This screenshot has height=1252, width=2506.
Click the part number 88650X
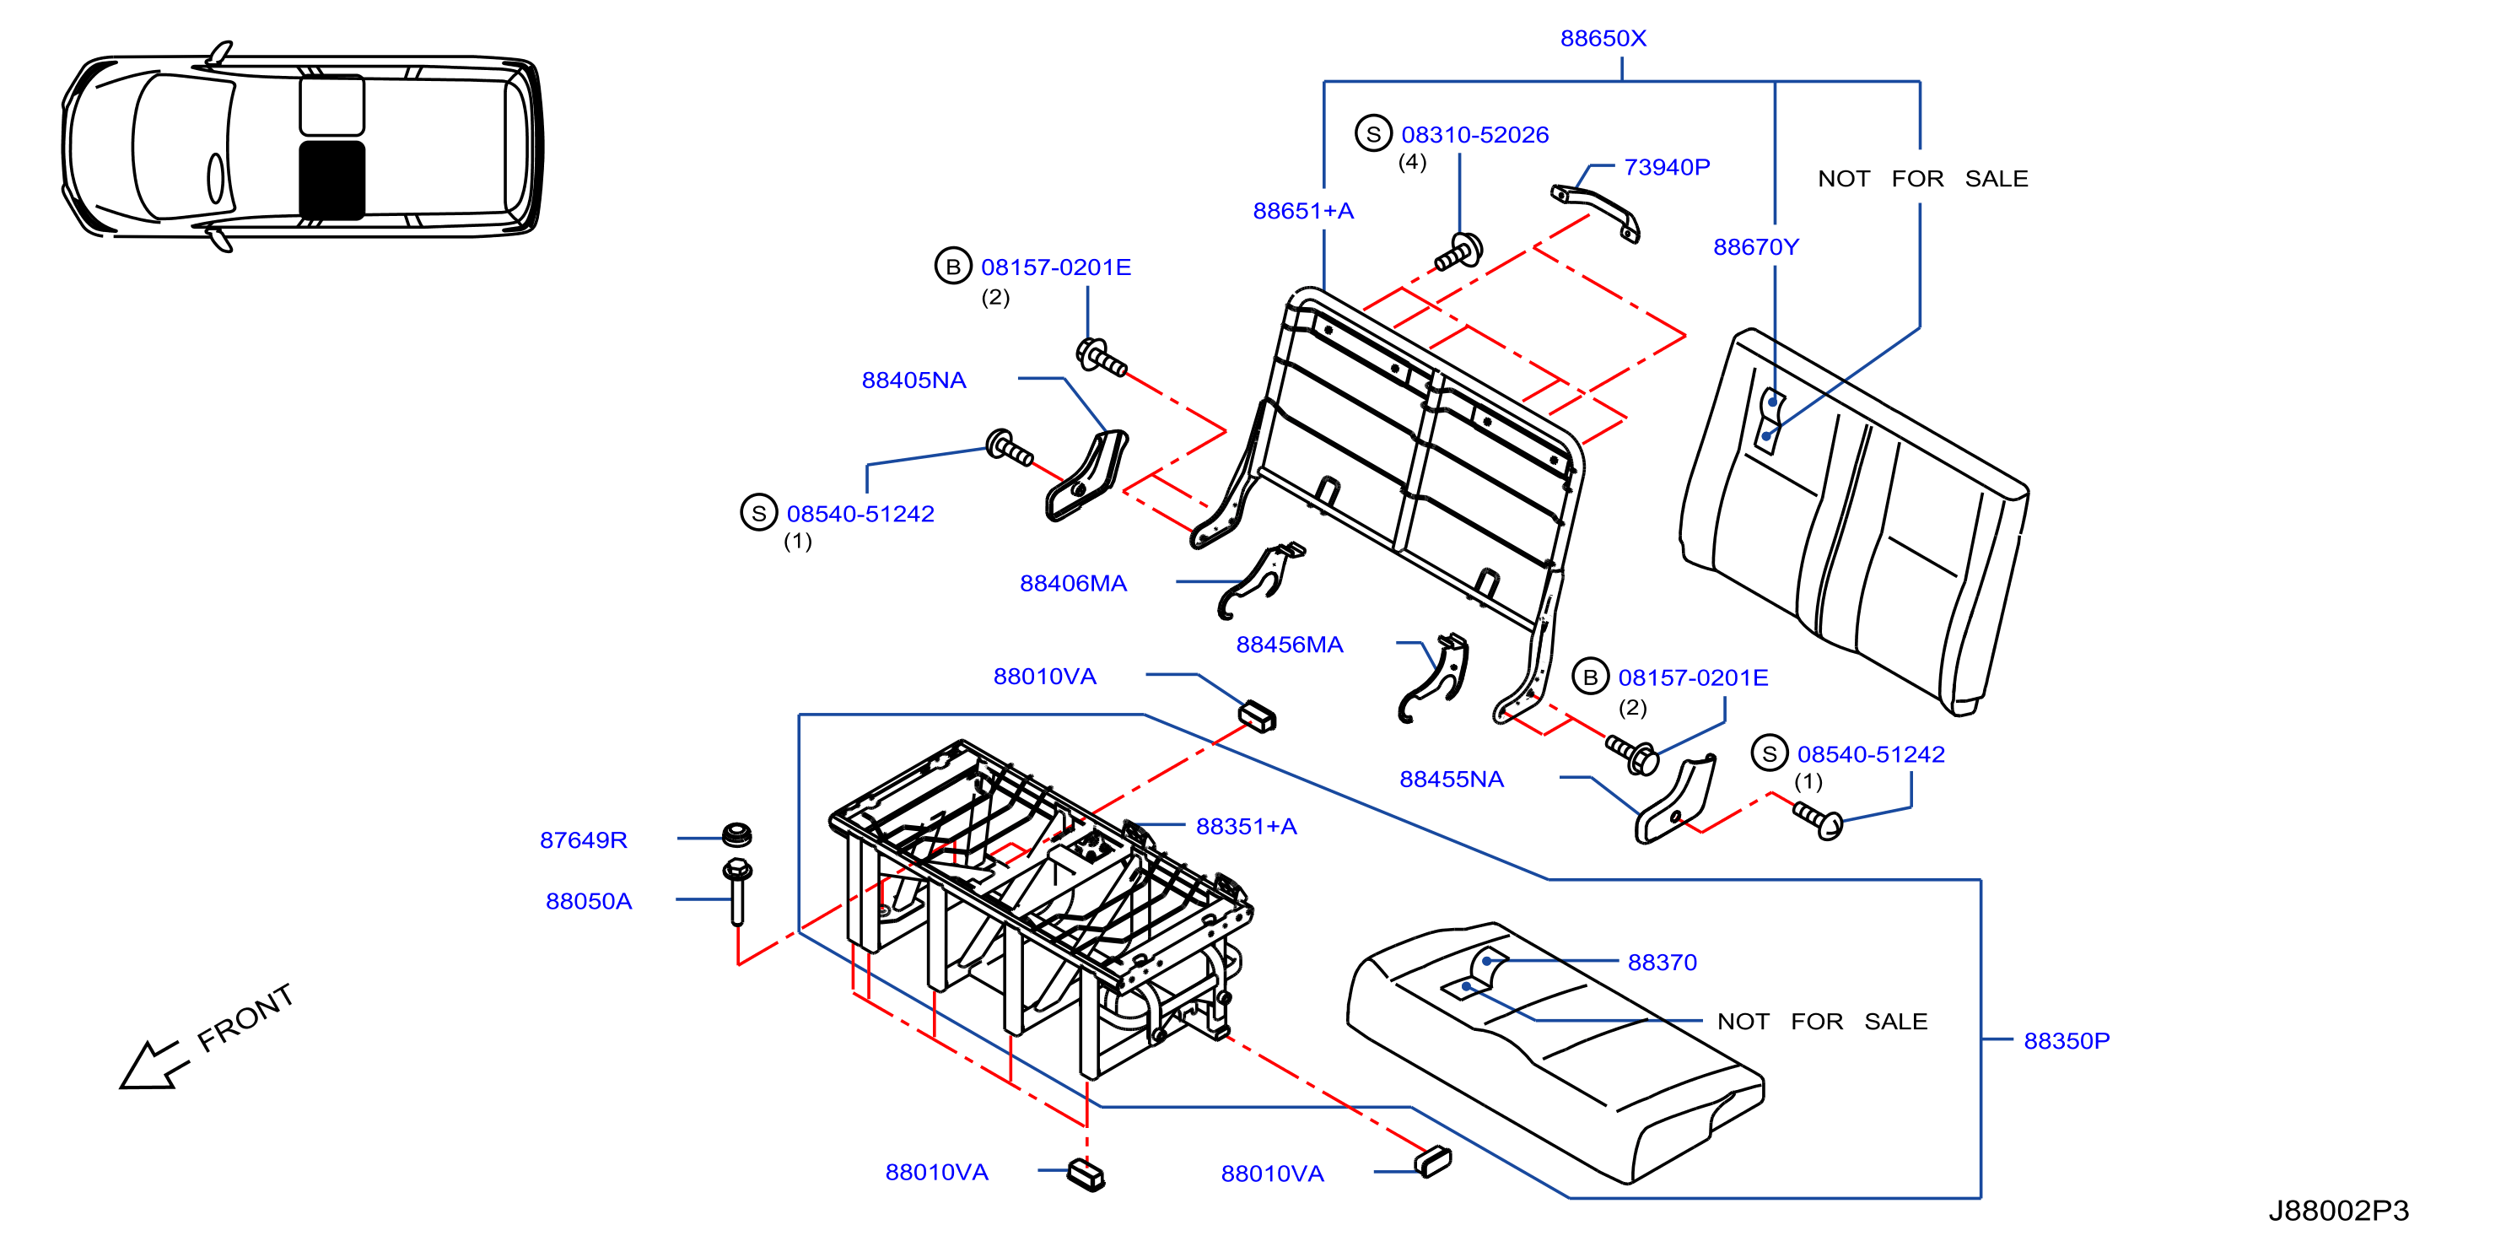point(1603,39)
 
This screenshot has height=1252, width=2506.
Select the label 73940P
point(1667,167)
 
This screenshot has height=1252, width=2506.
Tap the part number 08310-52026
point(1474,135)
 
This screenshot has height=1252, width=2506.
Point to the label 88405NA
point(913,380)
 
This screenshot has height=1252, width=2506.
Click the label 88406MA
point(1073,584)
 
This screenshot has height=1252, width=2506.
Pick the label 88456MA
point(1289,645)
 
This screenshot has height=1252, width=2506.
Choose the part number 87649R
point(584,840)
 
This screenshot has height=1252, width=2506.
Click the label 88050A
point(589,902)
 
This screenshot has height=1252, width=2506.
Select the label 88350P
point(2067,1041)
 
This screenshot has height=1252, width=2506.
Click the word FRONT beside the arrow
point(245,1017)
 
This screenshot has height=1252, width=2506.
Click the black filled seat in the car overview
point(331,180)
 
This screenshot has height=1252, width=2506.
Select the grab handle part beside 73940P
point(1595,211)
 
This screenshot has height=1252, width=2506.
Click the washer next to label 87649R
point(736,834)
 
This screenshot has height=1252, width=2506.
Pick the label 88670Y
point(1756,248)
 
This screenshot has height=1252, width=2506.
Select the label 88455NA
point(1452,780)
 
